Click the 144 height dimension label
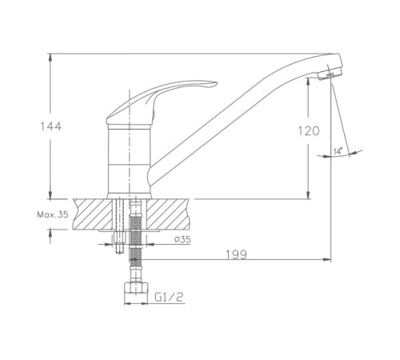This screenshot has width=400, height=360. click(x=50, y=126)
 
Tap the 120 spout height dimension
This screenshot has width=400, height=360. click(x=308, y=131)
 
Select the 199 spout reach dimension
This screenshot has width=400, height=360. click(x=236, y=254)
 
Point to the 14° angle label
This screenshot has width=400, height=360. click(x=338, y=152)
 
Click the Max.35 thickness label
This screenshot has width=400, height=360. click(x=53, y=214)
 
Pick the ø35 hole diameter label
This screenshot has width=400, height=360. click(x=182, y=239)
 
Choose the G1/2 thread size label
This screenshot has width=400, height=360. click(x=170, y=297)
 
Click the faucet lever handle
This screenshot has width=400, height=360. click(x=160, y=102)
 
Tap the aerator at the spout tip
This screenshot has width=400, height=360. click(x=330, y=74)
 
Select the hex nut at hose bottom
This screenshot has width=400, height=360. click(x=136, y=289)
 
